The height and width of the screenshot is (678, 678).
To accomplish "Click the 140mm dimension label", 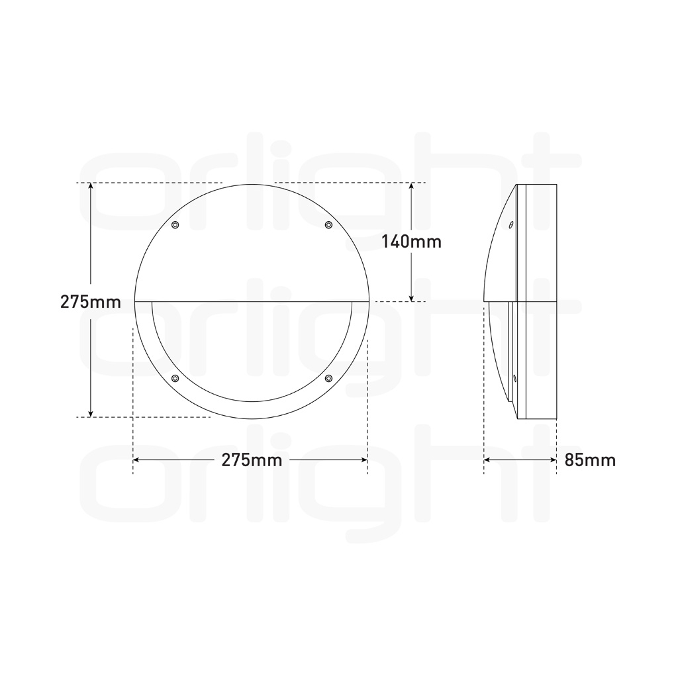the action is click(x=411, y=242).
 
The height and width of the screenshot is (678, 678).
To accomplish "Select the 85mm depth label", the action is click(x=590, y=460).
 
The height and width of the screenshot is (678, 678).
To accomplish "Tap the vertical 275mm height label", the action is click(x=90, y=302).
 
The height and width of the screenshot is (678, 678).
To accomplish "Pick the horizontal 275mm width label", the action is click(x=252, y=460).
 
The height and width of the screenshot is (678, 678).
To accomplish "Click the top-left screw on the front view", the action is click(x=175, y=225).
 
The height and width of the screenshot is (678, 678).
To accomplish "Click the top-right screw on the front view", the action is click(x=328, y=225).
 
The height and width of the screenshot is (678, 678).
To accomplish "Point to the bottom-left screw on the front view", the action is click(x=175, y=379).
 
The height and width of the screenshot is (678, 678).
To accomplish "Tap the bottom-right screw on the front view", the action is click(x=328, y=379).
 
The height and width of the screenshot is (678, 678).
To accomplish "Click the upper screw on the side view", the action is click(x=510, y=225).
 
